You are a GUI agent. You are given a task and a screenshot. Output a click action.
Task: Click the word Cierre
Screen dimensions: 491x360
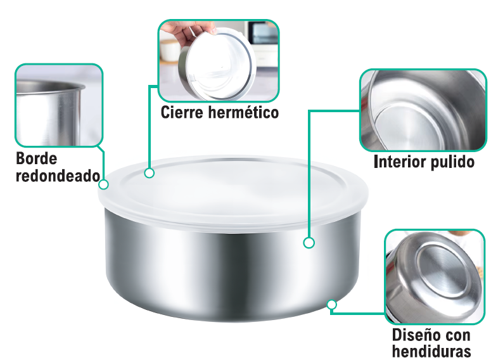(x=182, y=112)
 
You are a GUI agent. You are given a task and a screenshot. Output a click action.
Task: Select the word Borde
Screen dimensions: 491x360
(x=36, y=158)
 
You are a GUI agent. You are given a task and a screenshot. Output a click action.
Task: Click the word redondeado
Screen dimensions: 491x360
(x=58, y=176)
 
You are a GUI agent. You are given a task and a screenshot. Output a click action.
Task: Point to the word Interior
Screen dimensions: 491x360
(x=400, y=162)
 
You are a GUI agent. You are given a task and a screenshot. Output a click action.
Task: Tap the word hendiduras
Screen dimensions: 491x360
(x=431, y=351)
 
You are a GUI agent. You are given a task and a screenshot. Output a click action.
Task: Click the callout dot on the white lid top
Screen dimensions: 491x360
(x=150, y=173)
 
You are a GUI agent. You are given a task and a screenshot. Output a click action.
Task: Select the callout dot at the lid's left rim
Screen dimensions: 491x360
(x=103, y=184)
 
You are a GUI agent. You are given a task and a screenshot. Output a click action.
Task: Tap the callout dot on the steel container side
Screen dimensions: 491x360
(x=309, y=243)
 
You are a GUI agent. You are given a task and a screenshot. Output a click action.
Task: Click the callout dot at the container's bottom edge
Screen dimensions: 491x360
(x=332, y=305)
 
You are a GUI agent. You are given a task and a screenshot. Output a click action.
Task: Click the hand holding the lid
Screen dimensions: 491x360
(x=190, y=34)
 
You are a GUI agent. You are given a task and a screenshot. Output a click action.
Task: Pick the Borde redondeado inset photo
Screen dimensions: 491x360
(x=59, y=105)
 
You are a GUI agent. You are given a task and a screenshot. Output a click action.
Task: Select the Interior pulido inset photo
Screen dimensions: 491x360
(x=423, y=110)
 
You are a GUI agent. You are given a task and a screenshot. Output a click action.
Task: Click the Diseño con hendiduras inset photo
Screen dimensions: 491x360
(x=435, y=277)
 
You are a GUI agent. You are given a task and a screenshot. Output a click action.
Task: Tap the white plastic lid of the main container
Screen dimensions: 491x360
(x=233, y=191)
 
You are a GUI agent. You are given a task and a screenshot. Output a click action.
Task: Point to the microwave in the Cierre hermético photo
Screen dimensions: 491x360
(x=262, y=32)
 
